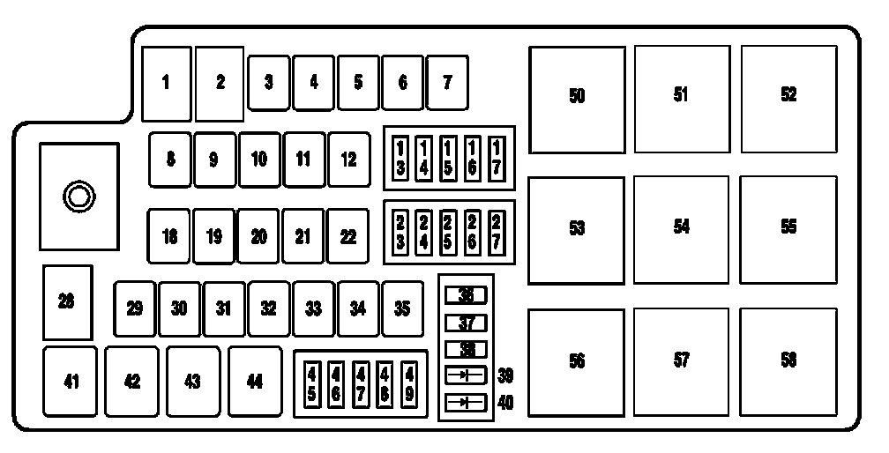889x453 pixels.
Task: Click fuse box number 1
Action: [166, 83]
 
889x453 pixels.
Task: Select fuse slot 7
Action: [447, 83]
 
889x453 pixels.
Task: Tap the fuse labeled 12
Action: [348, 160]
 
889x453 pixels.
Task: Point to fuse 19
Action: [214, 236]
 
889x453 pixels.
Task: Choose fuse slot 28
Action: [67, 302]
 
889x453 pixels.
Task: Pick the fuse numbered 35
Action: [402, 308]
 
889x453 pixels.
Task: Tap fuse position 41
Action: [71, 382]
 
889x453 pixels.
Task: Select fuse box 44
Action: [254, 382]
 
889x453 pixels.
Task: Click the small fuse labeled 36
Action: [466, 295]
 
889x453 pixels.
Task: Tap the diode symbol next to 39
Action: [466, 375]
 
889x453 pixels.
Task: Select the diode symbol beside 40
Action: [466, 403]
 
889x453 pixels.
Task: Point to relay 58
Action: [788, 360]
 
